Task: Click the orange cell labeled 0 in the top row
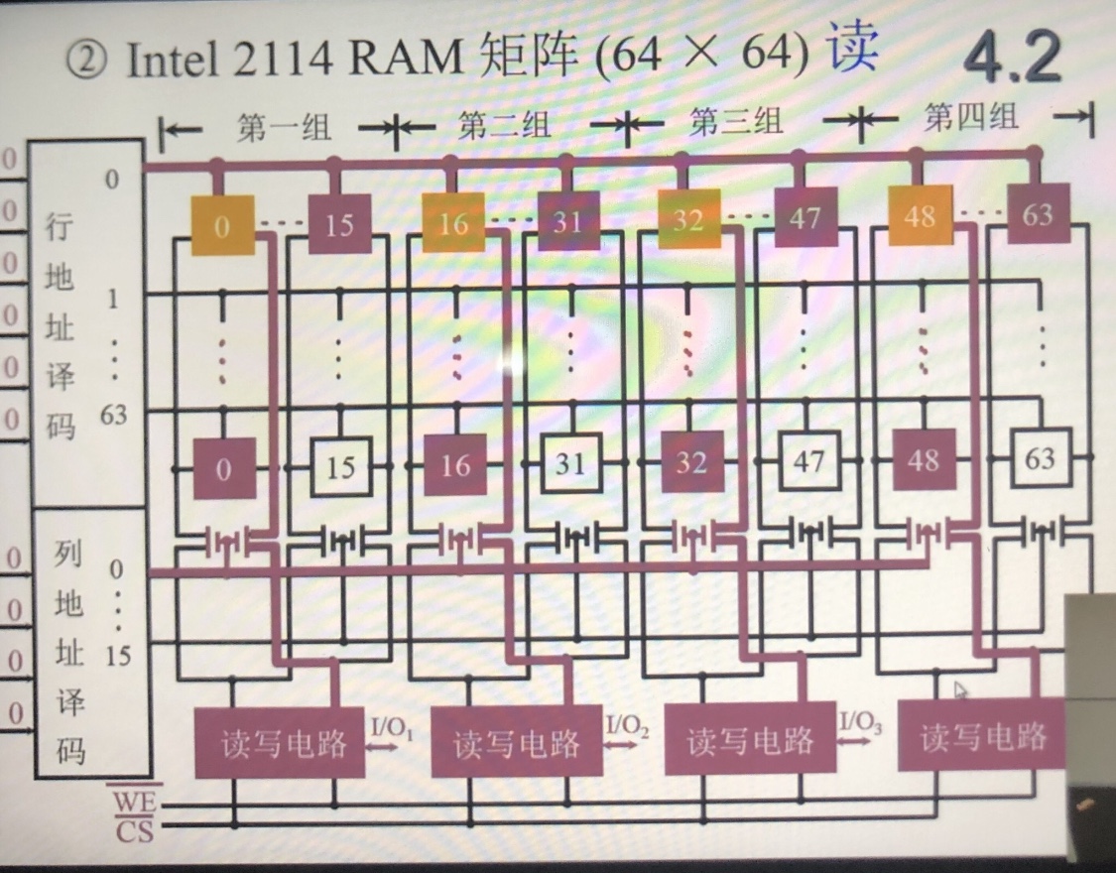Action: (221, 225)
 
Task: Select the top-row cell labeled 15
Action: (338, 223)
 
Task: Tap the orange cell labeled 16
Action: (453, 222)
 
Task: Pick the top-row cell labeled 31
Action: (568, 220)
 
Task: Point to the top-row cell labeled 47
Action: (804, 217)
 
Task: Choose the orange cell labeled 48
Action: (920, 215)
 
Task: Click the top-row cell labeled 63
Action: (1038, 213)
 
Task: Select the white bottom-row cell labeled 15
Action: (339, 465)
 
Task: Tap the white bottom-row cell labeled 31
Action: (569, 463)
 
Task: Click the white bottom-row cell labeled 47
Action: (808, 461)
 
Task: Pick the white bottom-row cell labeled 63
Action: (1040, 458)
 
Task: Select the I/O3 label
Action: (860, 722)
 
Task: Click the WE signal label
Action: (134, 799)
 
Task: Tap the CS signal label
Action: (134, 830)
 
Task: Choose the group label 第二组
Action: (504, 126)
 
